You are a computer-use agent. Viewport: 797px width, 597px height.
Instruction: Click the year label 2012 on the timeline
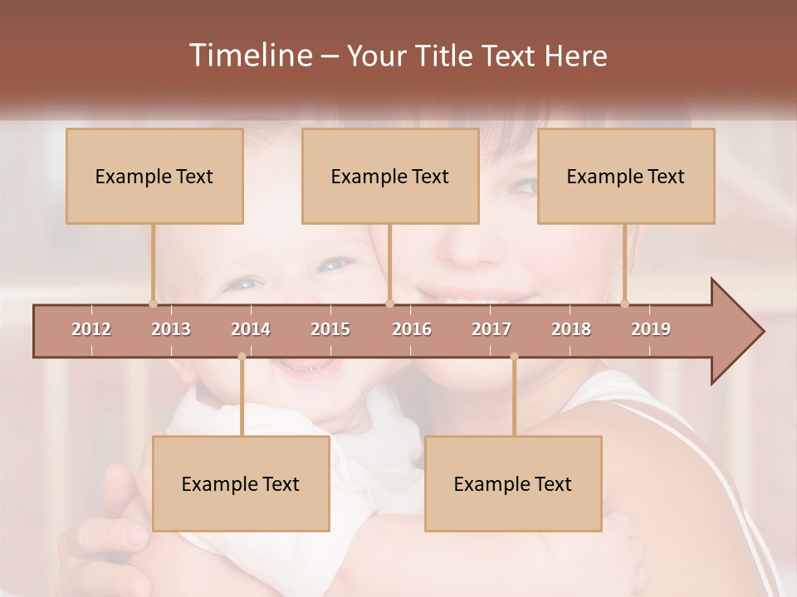tap(91, 329)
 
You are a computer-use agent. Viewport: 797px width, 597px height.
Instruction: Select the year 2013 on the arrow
tap(171, 329)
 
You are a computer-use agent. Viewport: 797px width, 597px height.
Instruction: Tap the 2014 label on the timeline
tap(251, 329)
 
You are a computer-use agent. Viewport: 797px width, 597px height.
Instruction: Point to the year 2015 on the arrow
tap(330, 329)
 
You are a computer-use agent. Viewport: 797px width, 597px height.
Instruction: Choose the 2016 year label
tap(412, 329)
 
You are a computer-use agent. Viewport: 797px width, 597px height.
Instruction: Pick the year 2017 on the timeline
tap(491, 329)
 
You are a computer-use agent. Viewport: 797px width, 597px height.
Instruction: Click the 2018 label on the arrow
tap(571, 329)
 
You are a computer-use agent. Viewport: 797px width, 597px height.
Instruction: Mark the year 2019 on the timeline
tap(651, 329)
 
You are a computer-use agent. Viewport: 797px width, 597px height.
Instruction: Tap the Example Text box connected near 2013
tap(154, 176)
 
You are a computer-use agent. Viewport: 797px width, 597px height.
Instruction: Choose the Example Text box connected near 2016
tap(390, 176)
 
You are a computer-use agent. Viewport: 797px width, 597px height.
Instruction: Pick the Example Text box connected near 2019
tap(626, 176)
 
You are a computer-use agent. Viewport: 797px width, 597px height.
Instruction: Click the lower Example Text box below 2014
tap(241, 483)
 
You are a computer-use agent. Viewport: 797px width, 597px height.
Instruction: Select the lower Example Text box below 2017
tap(513, 483)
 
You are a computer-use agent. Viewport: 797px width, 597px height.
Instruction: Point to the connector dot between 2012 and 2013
tap(153, 303)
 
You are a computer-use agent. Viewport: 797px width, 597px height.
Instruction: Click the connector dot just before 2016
tap(389, 303)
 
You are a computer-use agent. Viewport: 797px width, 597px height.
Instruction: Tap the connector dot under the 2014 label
tap(242, 357)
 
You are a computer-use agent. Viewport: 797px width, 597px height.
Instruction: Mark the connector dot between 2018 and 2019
tap(624, 303)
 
